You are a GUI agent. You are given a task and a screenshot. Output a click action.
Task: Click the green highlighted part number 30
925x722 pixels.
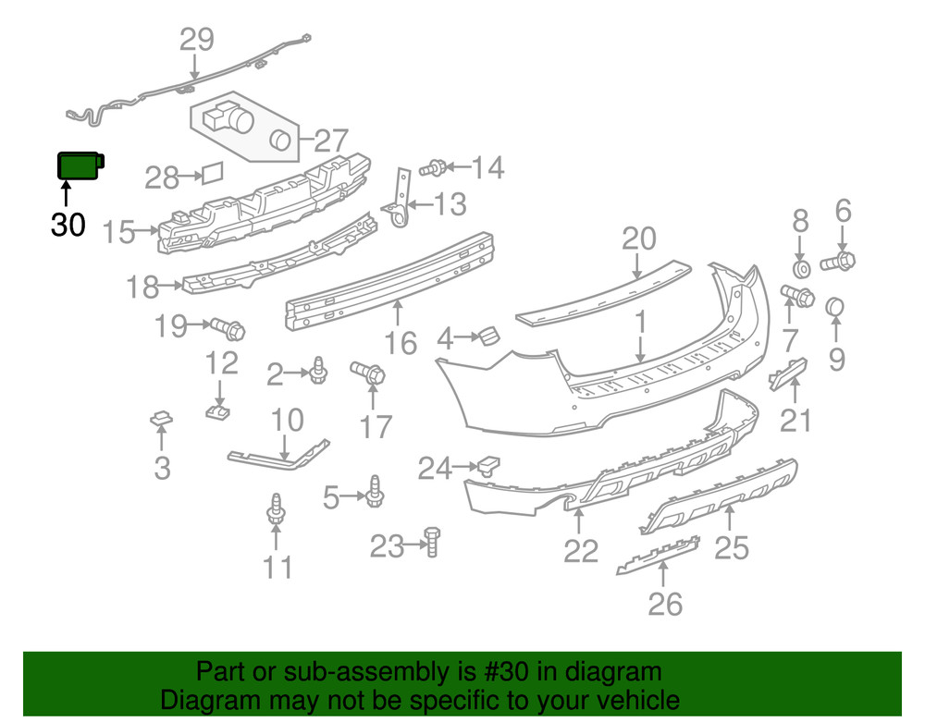tap(80, 165)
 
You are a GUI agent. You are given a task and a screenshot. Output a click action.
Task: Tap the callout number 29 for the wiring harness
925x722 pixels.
tap(196, 39)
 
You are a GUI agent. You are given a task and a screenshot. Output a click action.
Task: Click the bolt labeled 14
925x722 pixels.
tap(433, 168)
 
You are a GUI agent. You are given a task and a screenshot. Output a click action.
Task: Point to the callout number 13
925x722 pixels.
tap(450, 203)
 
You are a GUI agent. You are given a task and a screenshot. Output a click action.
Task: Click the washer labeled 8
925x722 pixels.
tap(801, 268)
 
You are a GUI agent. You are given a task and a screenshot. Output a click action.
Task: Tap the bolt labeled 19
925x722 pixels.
tap(228, 326)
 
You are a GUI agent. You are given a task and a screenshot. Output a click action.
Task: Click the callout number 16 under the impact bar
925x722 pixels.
tap(401, 343)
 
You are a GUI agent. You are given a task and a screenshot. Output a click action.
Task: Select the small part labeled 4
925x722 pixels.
tap(487, 335)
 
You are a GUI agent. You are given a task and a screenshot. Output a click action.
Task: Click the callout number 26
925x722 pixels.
tap(665, 604)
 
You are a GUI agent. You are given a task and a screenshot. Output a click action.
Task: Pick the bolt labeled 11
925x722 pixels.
tap(276, 513)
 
